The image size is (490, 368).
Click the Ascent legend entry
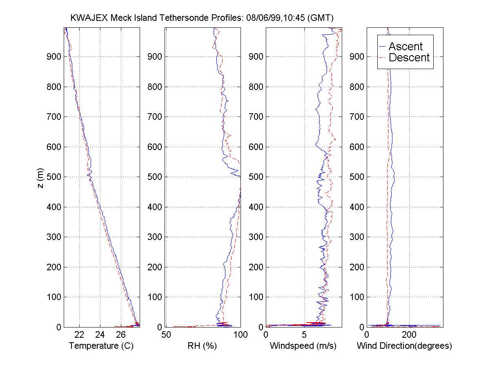tap(405, 46)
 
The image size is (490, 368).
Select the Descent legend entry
tap(409, 58)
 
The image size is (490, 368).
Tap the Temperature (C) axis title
tap(101, 346)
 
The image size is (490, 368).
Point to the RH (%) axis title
tap(203, 346)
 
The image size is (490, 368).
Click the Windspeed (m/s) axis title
tap(303, 346)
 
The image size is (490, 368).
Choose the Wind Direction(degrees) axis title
tap(404, 346)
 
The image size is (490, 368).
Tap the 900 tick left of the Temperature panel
tap(54, 56)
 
